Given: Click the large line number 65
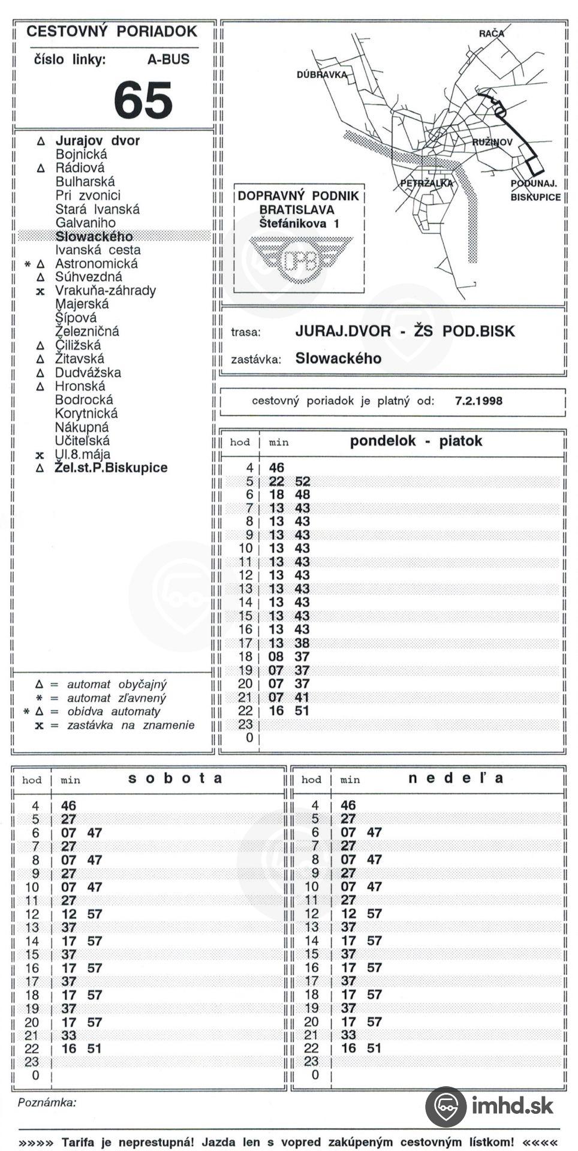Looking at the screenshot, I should tap(143, 100).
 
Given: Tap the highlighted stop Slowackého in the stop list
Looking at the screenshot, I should tap(94, 236).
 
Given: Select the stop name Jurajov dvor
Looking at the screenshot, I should tap(97, 141).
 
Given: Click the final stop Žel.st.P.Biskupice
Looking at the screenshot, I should tap(111, 468).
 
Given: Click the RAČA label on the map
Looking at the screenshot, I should tap(491, 34).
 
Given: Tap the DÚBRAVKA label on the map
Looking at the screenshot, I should tap(322, 75).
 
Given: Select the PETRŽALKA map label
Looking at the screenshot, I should tap(426, 183).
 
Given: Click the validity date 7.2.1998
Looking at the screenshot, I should tap(478, 401).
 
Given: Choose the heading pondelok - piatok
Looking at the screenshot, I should tap(416, 441).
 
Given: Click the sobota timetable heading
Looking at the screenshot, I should tap(175, 778).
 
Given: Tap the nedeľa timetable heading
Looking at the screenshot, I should tap(456, 778).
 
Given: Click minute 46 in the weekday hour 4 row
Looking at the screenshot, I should tap(276, 468).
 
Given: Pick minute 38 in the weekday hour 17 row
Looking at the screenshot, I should tap(302, 643).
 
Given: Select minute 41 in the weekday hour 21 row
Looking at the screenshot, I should tap(302, 697).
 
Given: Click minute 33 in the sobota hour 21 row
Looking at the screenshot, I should tap(69, 1035).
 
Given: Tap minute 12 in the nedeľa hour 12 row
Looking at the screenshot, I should tap(348, 914).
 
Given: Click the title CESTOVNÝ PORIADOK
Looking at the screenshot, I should tap(112, 32).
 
